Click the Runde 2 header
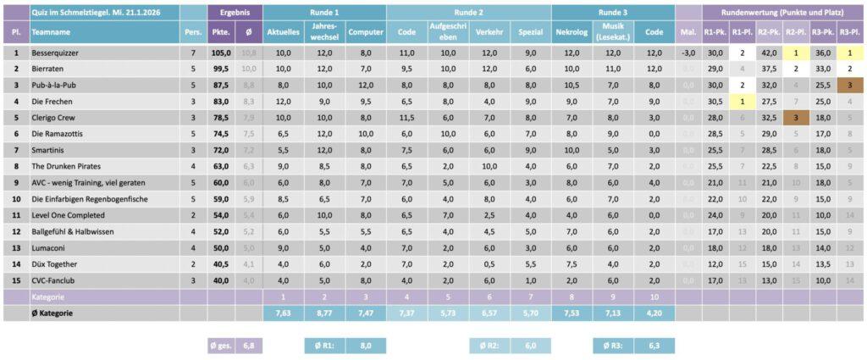(468, 13)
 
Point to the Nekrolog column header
(572, 32)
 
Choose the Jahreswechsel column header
(324, 32)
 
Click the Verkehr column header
(489, 32)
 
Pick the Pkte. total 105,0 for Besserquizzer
(221, 53)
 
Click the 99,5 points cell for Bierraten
(221, 69)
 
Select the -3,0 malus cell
(688, 53)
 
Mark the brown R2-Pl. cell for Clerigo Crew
(797, 118)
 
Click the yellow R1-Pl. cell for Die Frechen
(743, 102)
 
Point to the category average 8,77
(324, 313)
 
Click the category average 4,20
(654, 313)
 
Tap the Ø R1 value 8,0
(367, 346)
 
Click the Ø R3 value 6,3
(655, 346)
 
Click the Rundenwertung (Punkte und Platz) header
(783, 13)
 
